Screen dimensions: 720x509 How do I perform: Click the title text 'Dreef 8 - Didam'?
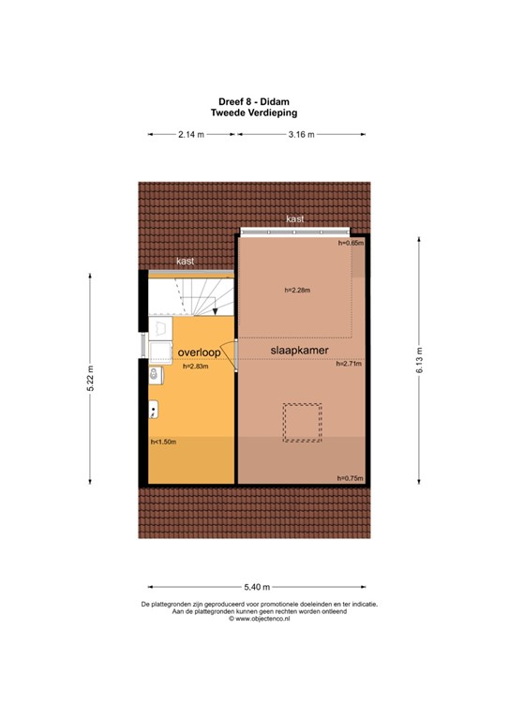254,102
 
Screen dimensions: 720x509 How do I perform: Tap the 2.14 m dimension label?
192,135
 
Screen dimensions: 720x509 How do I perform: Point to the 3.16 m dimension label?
301,135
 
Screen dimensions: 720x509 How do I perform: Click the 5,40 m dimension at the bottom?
254,586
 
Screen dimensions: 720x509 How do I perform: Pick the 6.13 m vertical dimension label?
419,359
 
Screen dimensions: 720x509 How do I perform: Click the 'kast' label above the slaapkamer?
295,218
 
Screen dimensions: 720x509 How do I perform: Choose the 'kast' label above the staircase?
186,262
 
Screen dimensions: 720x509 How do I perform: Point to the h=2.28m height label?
296,290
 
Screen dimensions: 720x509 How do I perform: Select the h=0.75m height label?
349,478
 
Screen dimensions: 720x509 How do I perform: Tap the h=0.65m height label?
350,244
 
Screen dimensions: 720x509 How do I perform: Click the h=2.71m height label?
348,364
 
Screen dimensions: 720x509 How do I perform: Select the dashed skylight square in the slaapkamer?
301,422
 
